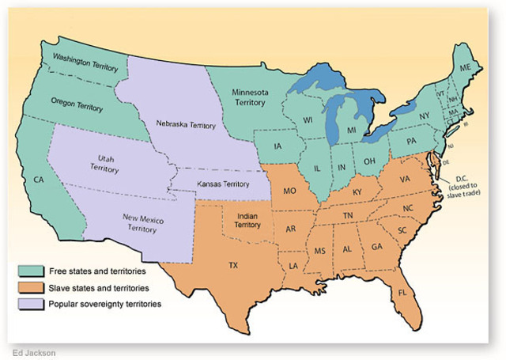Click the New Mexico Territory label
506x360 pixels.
click(x=143, y=222)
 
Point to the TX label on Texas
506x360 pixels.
click(x=233, y=265)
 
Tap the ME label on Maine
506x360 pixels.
click(x=465, y=69)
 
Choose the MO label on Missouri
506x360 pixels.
click(x=290, y=191)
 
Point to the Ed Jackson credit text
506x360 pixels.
click(x=34, y=351)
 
